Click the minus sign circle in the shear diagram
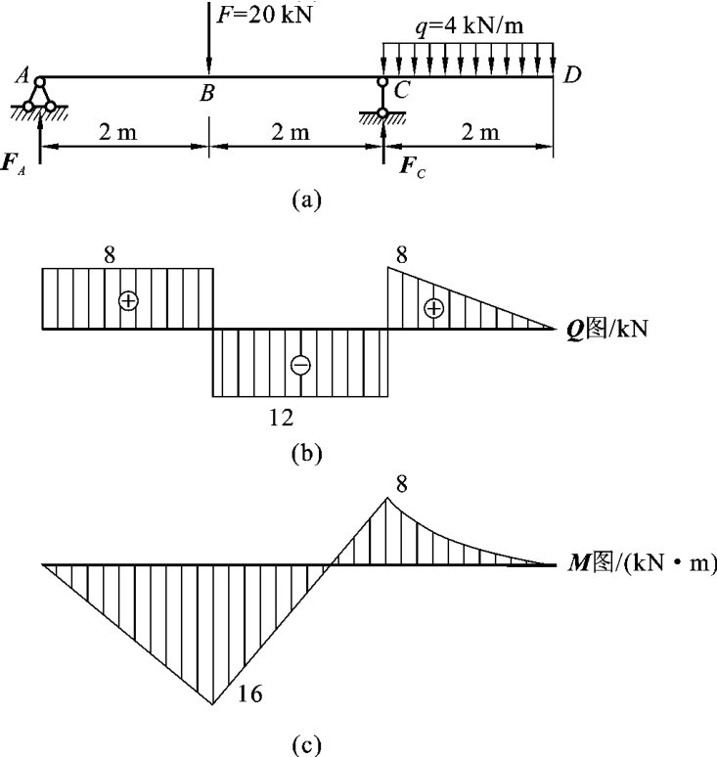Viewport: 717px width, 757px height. click(x=300, y=365)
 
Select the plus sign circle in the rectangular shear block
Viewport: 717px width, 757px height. click(x=127, y=301)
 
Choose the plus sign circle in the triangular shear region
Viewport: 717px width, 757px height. click(x=433, y=308)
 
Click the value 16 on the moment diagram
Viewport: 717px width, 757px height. click(x=249, y=693)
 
